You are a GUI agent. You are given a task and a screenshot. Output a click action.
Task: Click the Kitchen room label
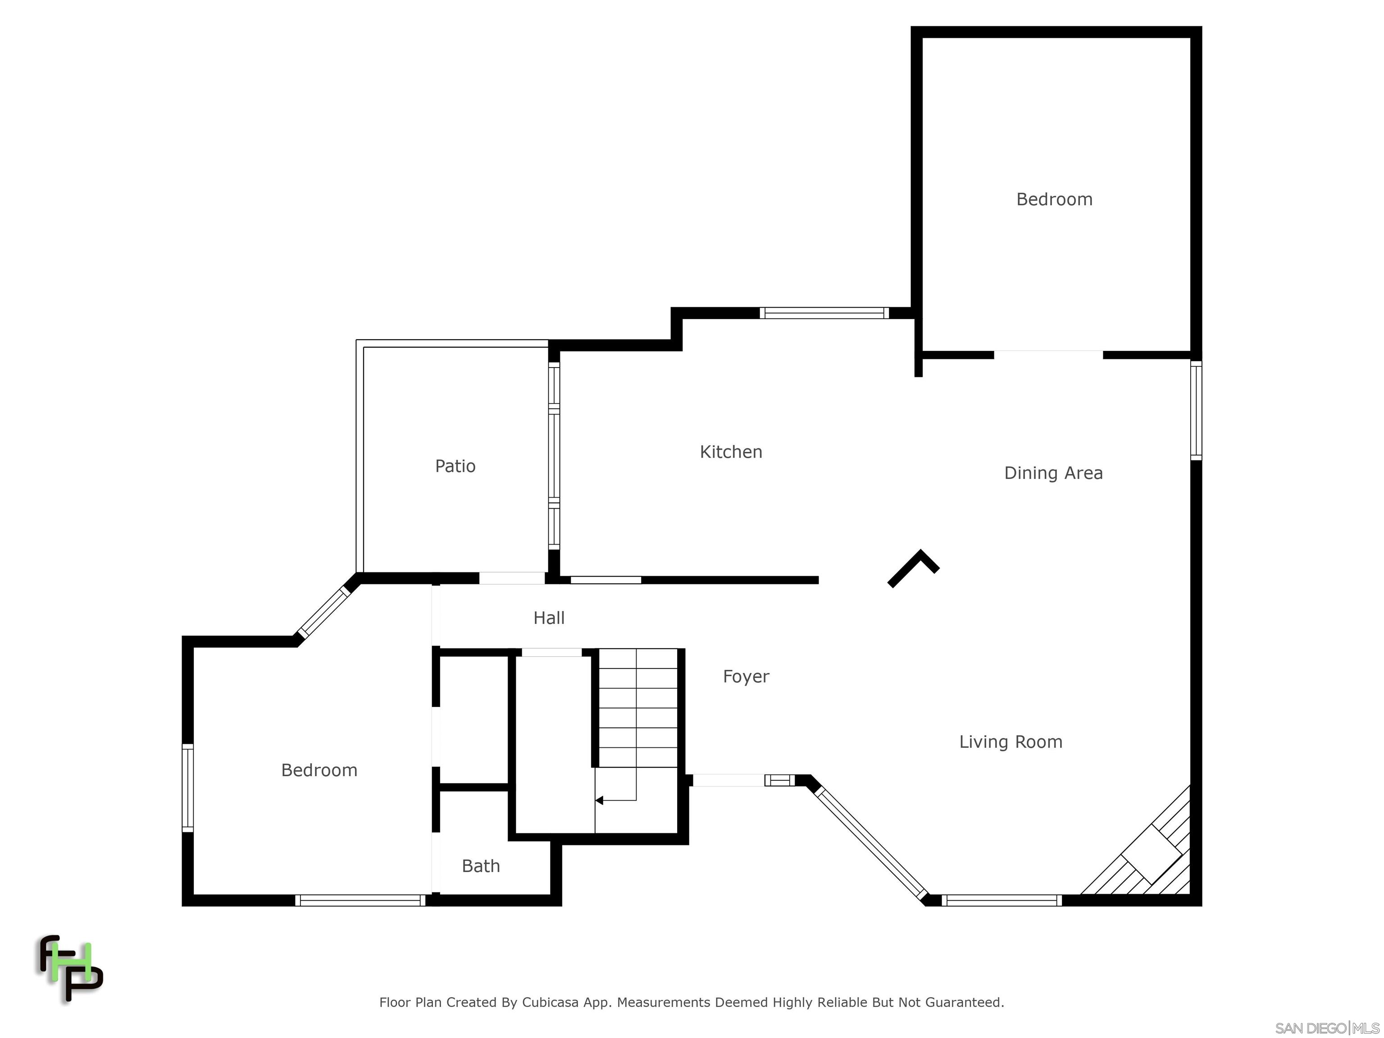click(730, 452)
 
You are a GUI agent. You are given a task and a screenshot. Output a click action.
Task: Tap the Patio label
click(455, 466)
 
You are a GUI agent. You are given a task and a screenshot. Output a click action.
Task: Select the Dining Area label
click(1053, 473)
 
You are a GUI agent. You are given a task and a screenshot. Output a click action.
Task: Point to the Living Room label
click(1011, 742)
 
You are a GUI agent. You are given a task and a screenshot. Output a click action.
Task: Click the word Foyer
click(746, 676)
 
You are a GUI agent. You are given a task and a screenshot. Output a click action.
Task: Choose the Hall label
click(549, 618)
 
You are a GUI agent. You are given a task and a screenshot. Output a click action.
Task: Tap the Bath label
click(481, 866)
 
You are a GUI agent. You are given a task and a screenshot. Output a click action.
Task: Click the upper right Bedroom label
click(1054, 200)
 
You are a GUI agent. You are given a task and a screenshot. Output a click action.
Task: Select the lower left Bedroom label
click(319, 770)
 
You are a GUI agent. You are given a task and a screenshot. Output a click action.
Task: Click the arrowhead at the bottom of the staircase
click(599, 800)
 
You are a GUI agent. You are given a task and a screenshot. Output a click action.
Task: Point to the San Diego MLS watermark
click(1326, 1028)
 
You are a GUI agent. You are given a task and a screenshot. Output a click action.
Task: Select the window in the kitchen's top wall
click(824, 313)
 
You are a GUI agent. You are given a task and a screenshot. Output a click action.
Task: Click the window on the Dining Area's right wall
click(1196, 410)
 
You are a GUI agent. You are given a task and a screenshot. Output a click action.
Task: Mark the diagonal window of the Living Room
click(870, 842)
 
